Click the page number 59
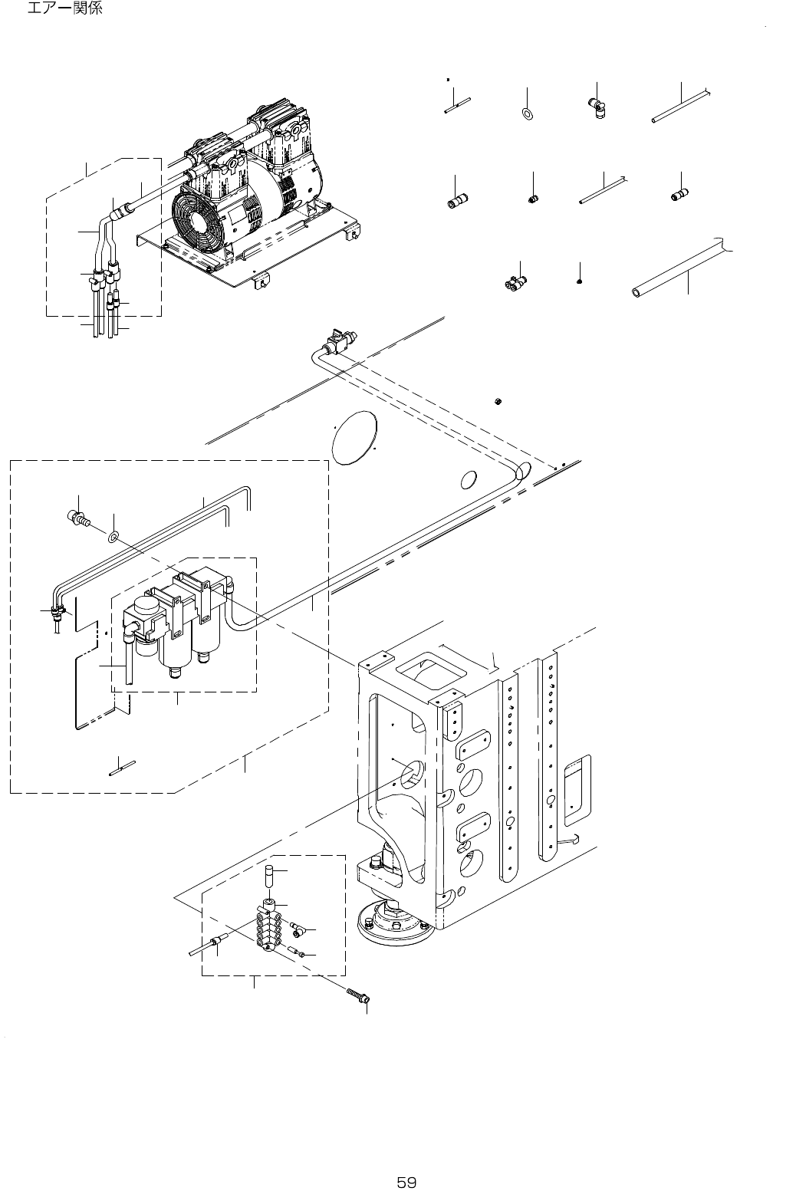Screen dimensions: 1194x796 click(x=406, y=1160)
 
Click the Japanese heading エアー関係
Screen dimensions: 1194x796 click(x=64, y=10)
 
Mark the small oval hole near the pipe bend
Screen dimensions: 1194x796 click(x=466, y=479)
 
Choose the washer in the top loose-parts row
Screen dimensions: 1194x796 click(x=528, y=114)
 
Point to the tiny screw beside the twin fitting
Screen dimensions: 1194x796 click(x=579, y=281)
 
